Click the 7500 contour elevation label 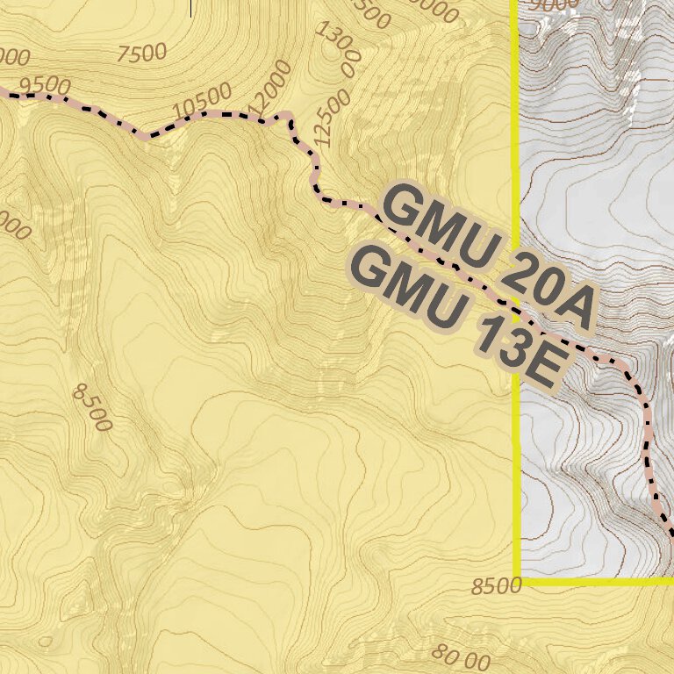141,54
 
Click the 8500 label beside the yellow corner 496,586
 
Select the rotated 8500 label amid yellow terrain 92,409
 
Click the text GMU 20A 488,255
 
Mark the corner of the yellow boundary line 517,581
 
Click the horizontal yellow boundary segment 597,581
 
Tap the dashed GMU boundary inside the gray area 648,421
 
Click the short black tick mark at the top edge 190,8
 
